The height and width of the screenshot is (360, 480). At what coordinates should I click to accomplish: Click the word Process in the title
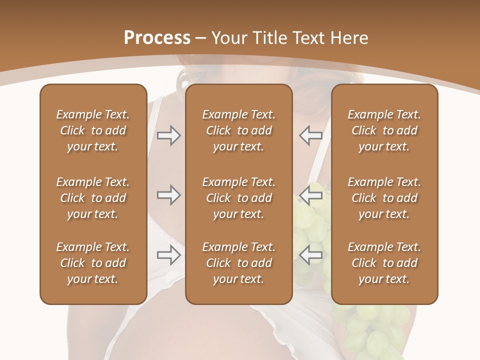pyautogui.click(x=157, y=38)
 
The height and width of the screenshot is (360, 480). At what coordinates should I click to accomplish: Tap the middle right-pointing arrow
pyautogui.click(x=168, y=195)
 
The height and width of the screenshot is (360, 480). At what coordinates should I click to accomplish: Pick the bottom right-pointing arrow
pyautogui.click(x=168, y=255)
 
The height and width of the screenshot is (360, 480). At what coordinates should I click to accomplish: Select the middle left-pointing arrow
pyautogui.click(x=311, y=195)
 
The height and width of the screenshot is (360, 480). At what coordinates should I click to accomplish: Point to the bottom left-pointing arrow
pyautogui.click(x=311, y=255)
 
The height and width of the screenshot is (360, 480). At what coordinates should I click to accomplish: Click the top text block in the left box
pyautogui.click(x=93, y=130)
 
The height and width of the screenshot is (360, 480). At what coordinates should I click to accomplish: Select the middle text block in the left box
pyautogui.click(x=93, y=198)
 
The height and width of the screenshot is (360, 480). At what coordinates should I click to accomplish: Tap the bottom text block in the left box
pyautogui.click(x=93, y=263)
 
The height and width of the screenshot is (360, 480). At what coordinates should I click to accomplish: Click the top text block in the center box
pyautogui.click(x=238, y=130)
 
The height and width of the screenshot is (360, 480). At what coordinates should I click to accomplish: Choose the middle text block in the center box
pyautogui.click(x=238, y=198)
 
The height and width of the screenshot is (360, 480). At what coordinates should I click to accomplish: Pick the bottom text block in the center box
pyautogui.click(x=238, y=263)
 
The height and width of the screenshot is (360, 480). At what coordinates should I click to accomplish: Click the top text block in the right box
pyautogui.click(x=384, y=130)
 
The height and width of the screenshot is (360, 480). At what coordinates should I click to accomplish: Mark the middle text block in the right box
pyautogui.click(x=384, y=198)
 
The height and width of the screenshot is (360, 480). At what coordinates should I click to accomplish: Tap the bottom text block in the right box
pyautogui.click(x=384, y=263)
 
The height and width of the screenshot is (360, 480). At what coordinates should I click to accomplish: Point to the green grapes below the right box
pyautogui.click(x=372, y=327)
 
